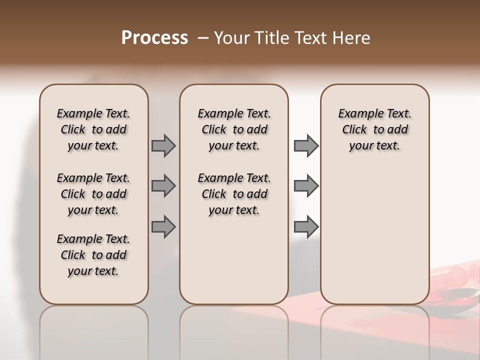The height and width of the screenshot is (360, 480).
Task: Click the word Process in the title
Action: (x=154, y=38)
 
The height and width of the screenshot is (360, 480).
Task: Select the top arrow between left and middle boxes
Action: (x=163, y=145)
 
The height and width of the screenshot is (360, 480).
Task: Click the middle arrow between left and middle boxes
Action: (x=163, y=186)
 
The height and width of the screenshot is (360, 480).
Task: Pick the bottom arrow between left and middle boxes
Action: (x=163, y=227)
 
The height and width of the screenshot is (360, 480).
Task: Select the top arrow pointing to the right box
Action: (x=306, y=145)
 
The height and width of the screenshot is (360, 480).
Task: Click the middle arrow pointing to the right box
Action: (x=306, y=186)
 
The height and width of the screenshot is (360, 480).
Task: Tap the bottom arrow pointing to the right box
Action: (x=306, y=227)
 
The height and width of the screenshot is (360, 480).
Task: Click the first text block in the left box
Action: (x=93, y=129)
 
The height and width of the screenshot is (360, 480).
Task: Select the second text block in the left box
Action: (x=93, y=194)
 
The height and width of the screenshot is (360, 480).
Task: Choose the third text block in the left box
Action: (x=93, y=255)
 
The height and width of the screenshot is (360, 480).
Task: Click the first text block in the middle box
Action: (x=234, y=129)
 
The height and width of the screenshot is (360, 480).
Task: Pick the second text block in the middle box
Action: (x=234, y=194)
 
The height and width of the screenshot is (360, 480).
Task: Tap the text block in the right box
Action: (x=374, y=129)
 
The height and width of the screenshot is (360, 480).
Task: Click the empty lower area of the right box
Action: (x=374, y=235)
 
